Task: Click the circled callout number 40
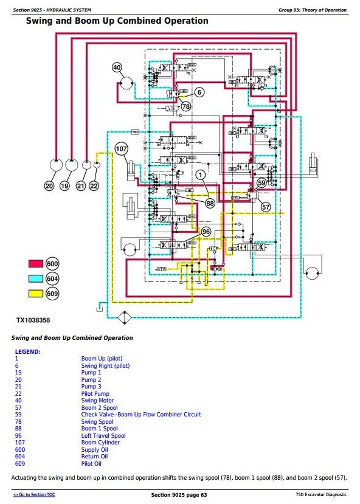click(117, 67)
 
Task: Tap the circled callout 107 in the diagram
click(121, 149)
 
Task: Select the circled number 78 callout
click(186, 106)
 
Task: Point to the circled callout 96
click(206, 232)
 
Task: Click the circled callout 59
click(261, 183)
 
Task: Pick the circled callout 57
click(266, 207)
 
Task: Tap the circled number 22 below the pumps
click(94, 186)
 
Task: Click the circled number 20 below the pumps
click(49, 186)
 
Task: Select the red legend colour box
click(36, 264)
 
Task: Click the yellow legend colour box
click(36, 294)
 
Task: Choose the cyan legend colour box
click(36, 278)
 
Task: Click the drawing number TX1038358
click(33, 320)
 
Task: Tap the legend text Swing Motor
click(97, 401)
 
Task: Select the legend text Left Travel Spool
click(103, 435)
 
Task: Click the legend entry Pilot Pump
click(95, 394)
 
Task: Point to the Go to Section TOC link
click(34, 495)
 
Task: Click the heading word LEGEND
click(27, 351)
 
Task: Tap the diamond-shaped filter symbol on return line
click(125, 318)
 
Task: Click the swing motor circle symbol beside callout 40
click(126, 83)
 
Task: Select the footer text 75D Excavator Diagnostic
click(321, 495)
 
